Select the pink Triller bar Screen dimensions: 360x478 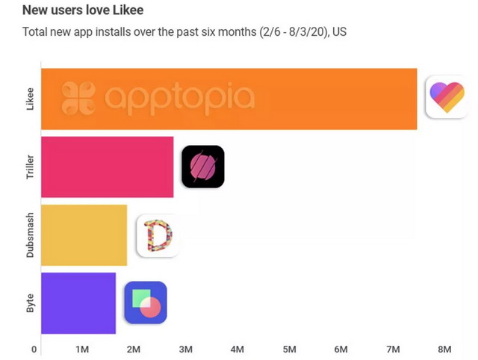(x=107, y=167)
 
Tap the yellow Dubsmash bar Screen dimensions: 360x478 (x=84, y=235)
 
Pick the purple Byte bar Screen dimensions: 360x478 (x=78, y=302)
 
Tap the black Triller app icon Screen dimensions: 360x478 (x=202, y=167)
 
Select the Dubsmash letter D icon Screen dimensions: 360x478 (x=158, y=235)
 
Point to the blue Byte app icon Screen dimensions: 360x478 (x=145, y=302)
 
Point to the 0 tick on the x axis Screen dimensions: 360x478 (x=34, y=349)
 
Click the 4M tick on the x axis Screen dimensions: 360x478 (x=238, y=349)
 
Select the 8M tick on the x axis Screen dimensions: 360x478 (x=444, y=349)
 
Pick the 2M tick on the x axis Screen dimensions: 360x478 (x=134, y=349)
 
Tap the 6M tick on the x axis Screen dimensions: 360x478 (x=341, y=349)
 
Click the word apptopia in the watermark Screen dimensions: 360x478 (x=179, y=98)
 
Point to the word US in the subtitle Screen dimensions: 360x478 (x=339, y=32)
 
